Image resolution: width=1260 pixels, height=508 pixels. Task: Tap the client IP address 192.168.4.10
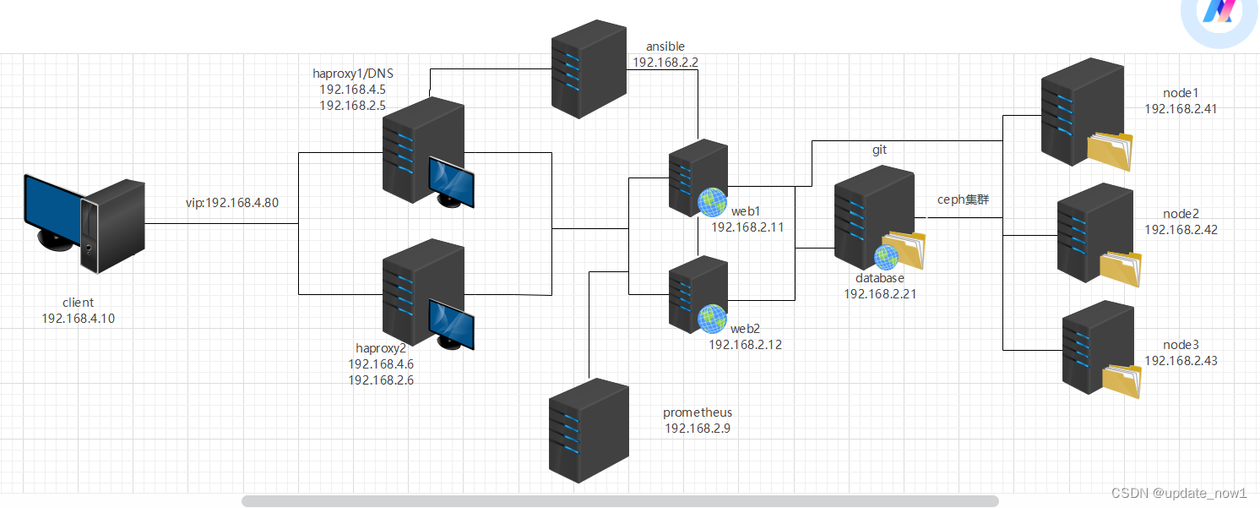pyautogui.click(x=78, y=318)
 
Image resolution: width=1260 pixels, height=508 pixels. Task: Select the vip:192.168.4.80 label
pyautogui.click(x=231, y=203)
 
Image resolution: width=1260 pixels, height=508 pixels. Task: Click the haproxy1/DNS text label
pyautogui.click(x=353, y=74)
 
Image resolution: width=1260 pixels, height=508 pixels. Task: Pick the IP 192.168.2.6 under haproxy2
pyautogui.click(x=381, y=380)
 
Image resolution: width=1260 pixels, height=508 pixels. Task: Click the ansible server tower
pyautogui.click(x=589, y=69)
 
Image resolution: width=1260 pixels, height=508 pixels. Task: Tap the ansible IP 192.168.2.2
pyautogui.click(x=665, y=62)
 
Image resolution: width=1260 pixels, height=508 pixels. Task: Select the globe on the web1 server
pyautogui.click(x=712, y=201)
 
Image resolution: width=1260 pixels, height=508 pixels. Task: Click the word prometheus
pyautogui.click(x=698, y=412)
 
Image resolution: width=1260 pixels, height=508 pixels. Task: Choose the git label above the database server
pyautogui.click(x=879, y=150)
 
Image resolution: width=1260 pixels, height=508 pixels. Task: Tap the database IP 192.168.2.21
pyautogui.click(x=880, y=293)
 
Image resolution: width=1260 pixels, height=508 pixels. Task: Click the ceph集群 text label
pyautogui.click(x=963, y=200)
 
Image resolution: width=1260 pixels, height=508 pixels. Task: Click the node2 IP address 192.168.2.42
pyautogui.click(x=1181, y=229)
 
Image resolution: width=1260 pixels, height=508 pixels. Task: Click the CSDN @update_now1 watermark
pyautogui.click(x=1179, y=493)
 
